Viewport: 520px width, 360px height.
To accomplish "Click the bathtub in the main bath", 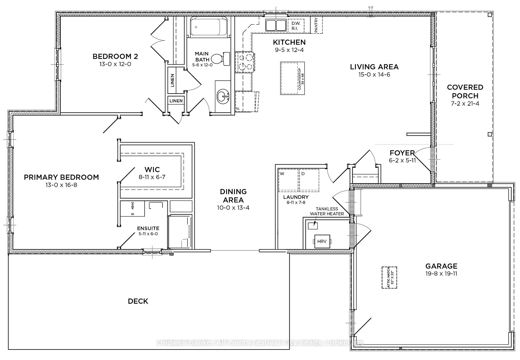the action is point(209,27).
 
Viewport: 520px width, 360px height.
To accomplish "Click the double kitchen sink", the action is point(275,25).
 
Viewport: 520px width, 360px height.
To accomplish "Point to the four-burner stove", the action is point(245,62).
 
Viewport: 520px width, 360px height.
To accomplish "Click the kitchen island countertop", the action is point(292,78).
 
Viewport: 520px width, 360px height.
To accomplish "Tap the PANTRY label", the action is point(316,25).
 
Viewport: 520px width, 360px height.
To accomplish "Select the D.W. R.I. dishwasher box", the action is point(296,26).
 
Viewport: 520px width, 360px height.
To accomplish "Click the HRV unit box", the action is point(322,241).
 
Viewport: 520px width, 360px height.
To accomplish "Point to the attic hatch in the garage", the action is point(389,277).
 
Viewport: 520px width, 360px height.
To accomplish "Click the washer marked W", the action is point(288,180).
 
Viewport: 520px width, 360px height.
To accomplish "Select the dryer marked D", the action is point(309,180).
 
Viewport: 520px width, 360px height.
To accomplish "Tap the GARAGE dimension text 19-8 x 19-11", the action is point(441,273).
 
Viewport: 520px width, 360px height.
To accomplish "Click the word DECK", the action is point(138,301).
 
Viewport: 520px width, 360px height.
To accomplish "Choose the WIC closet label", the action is point(152,170).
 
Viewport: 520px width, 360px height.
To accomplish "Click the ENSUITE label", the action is point(148,228).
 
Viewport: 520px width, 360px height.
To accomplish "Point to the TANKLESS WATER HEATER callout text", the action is point(327,211).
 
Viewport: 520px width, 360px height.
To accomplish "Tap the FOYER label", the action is point(402,153).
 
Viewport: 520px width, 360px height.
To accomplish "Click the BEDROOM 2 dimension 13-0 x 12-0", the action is point(115,64).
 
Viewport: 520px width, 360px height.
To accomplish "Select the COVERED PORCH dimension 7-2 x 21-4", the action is point(465,103).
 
